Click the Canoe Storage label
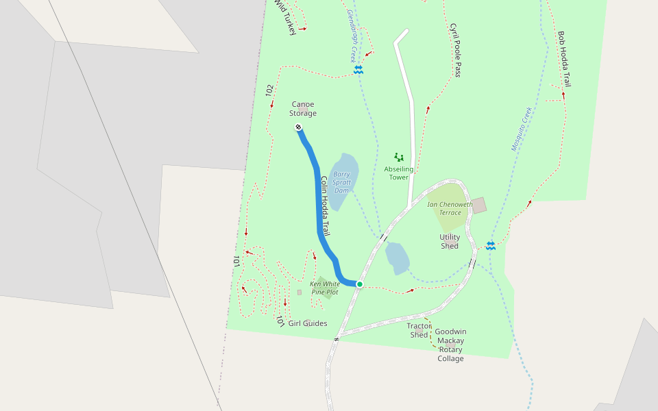click(x=302, y=109)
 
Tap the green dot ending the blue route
click(x=359, y=284)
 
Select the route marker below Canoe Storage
click(x=299, y=127)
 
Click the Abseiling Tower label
click(x=398, y=173)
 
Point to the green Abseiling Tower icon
click(x=399, y=158)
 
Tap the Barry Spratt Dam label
click(x=342, y=182)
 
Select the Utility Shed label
click(x=450, y=241)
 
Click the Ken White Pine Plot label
click(x=324, y=288)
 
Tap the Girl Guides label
click(x=307, y=323)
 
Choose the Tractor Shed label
click(x=419, y=330)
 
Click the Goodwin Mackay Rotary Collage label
click(x=450, y=345)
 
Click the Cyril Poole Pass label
click(x=454, y=50)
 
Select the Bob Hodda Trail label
click(x=564, y=59)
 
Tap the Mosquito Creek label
click(x=522, y=128)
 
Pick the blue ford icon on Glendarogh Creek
click(x=358, y=70)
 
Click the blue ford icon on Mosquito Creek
click(x=491, y=245)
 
